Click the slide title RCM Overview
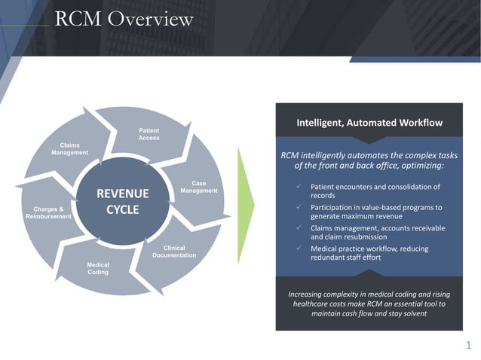click(x=124, y=18)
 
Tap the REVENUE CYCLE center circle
click(x=123, y=201)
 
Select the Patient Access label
click(x=149, y=134)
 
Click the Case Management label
click(x=199, y=187)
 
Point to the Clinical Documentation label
click(x=174, y=252)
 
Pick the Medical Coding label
click(x=97, y=268)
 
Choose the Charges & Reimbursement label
click(x=47, y=212)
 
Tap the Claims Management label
click(x=69, y=148)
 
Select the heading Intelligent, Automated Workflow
click(x=369, y=122)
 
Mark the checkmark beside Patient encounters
click(x=299, y=186)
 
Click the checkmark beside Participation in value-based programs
click(x=299, y=207)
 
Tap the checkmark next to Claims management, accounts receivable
click(x=299, y=227)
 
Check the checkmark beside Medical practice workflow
click(x=299, y=248)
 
